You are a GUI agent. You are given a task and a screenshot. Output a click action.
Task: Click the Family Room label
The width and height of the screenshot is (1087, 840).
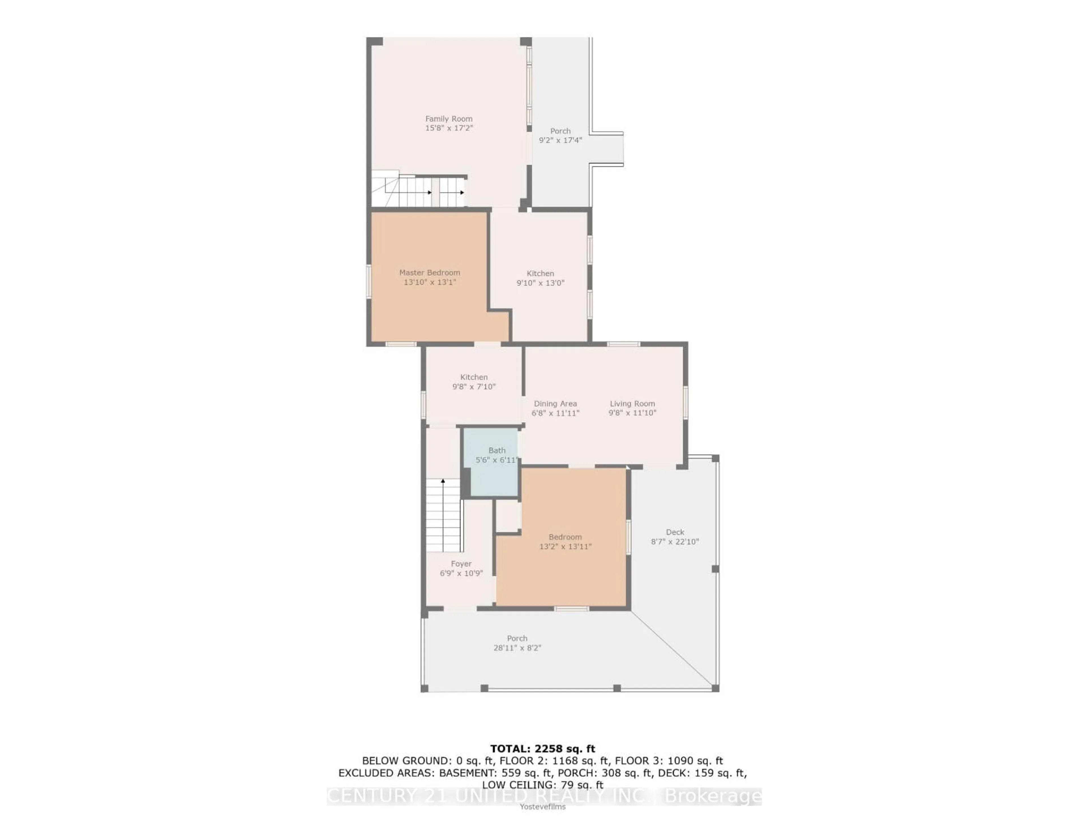[448, 119]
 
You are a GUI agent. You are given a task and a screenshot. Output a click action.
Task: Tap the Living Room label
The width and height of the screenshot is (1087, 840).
[632, 404]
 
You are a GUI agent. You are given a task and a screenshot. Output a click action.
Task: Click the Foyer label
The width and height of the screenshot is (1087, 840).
[461, 564]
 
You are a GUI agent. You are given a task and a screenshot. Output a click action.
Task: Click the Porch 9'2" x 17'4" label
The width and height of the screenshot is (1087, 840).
[560, 135]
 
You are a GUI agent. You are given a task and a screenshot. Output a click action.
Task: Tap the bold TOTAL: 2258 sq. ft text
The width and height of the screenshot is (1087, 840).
[542, 748]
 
